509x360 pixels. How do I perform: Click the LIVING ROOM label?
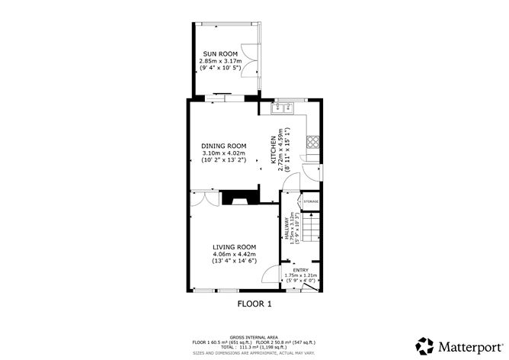[234, 247]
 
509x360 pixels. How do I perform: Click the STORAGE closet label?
[311, 202]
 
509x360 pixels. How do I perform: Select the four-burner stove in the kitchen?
[312, 141]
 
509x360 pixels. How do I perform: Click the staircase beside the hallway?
[310, 227]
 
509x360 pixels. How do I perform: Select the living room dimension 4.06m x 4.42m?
[234, 255]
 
